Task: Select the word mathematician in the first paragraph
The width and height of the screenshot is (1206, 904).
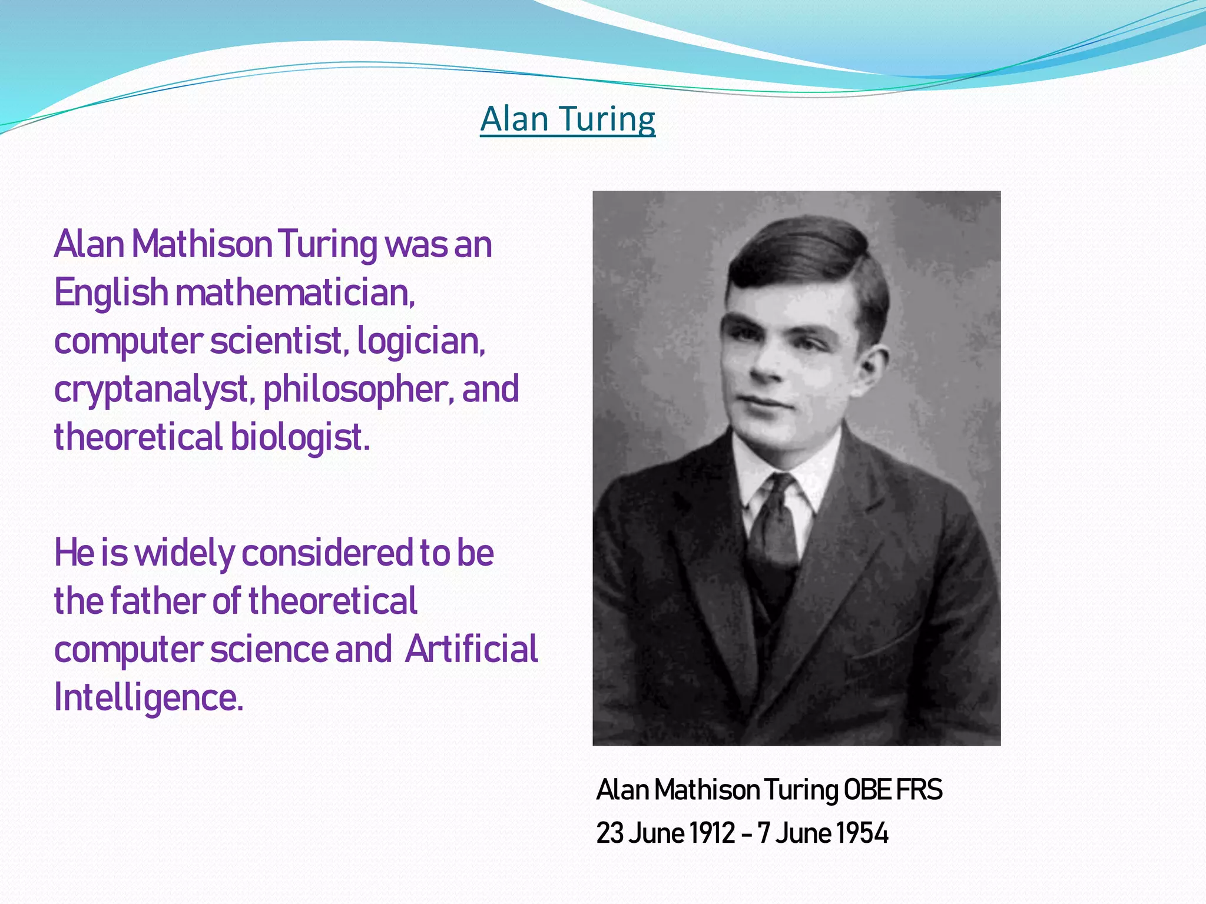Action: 294,293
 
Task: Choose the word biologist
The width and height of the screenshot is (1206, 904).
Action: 300,437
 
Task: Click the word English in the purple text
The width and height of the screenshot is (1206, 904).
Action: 111,293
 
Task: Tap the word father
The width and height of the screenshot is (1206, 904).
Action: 157,601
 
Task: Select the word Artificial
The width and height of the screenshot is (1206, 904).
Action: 471,649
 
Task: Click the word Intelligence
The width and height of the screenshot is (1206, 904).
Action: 148,697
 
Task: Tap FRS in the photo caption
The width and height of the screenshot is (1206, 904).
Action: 919,790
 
